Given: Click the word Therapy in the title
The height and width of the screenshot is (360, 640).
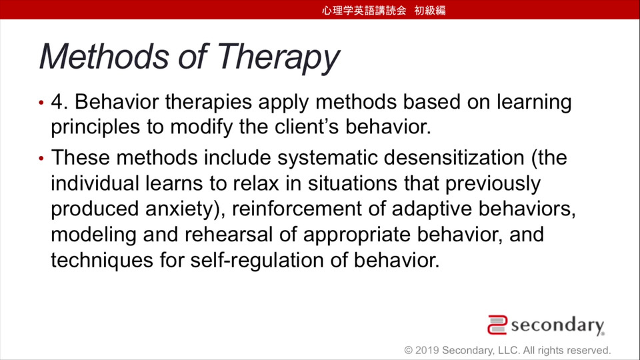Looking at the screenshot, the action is click(x=278, y=57).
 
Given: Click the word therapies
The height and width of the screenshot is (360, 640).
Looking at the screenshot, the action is click(x=208, y=102).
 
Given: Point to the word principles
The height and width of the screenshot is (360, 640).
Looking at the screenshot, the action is click(x=95, y=127).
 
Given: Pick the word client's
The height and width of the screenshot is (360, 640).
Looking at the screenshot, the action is click(x=307, y=127).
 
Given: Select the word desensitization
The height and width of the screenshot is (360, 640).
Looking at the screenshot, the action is click(x=454, y=157).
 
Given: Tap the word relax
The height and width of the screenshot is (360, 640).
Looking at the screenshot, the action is click(x=256, y=183).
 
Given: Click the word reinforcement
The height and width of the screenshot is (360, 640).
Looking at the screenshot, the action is click(x=297, y=209).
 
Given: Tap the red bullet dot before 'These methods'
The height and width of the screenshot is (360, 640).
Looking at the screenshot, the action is click(x=41, y=158).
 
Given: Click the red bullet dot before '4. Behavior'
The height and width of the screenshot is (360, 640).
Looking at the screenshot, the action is click(x=41, y=103).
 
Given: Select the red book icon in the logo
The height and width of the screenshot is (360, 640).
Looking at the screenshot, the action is click(x=497, y=325).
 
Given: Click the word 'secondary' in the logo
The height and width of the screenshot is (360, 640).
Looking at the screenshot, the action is click(x=557, y=325).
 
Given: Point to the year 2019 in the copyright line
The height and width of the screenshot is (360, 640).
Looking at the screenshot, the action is click(x=427, y=350).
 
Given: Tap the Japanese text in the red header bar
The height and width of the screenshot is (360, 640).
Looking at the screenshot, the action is click(x=384, y=10).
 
